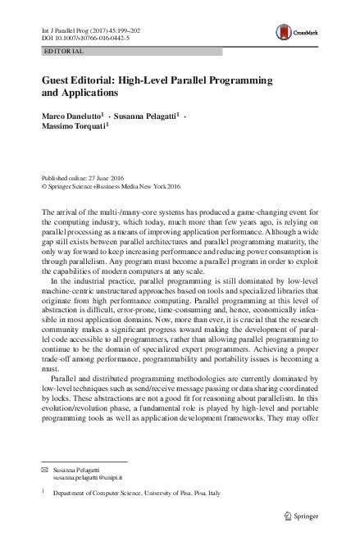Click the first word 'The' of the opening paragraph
(x=48, y=213)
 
